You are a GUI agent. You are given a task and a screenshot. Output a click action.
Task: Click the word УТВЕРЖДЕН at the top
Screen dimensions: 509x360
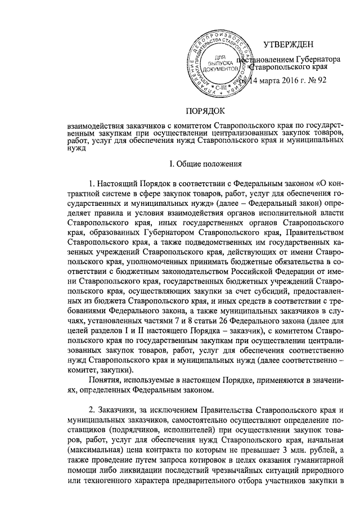coord(292,46)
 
